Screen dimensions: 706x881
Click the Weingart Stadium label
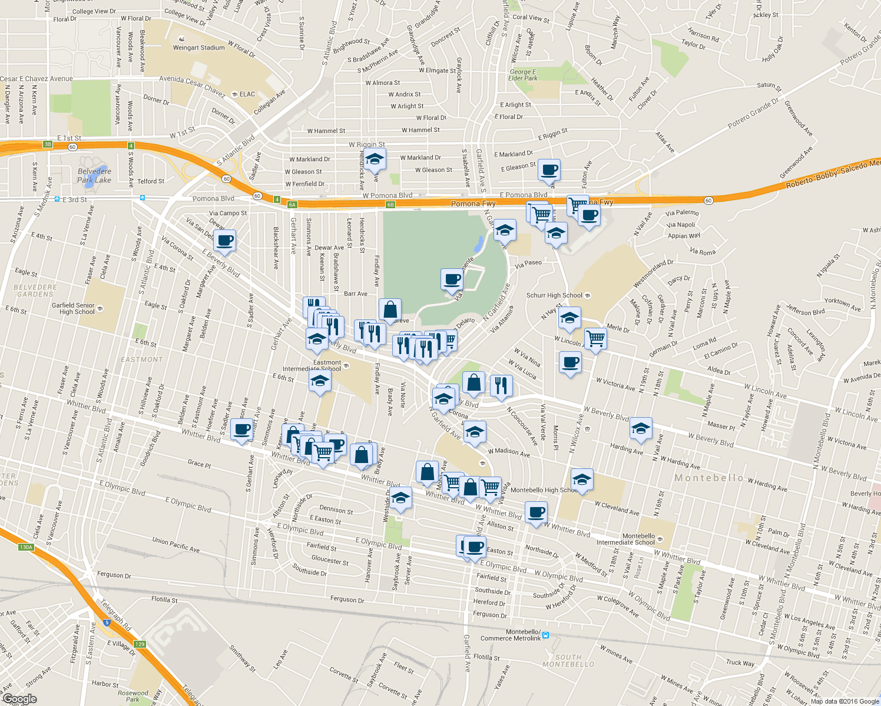(x=198, y=48)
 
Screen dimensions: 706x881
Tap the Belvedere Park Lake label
(x=94, y=176)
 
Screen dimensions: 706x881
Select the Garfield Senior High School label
(x=73, y=308)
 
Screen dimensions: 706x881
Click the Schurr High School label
(x=554, y=295)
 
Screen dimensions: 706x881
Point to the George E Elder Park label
(x=523, y=75)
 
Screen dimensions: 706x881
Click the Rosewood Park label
(x=133, y=696)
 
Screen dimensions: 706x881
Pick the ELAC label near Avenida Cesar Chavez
(x=247, y=94)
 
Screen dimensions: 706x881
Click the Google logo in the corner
(x=19, y=699)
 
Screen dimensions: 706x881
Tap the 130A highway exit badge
(x=26, y=547)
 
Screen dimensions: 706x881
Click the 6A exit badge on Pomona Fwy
(x=292, y=205)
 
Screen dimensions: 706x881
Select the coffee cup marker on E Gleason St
(x=549, y=169)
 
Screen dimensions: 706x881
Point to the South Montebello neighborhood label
(x=568, y=661)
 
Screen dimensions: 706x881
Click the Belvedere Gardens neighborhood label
(x=35, y=291)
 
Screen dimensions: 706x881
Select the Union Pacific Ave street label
(x=175, y=544)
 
